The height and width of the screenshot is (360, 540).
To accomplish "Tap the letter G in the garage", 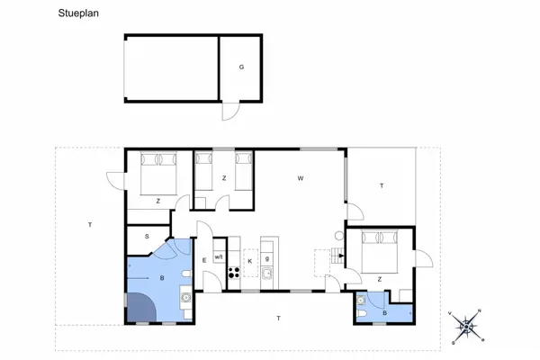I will click(x=241, y=67).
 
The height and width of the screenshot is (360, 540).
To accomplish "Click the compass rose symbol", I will click(x=468, y=327).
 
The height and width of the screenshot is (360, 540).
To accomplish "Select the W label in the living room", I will click(x=300, y=178).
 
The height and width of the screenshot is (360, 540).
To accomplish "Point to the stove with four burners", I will click(x=233, y=273).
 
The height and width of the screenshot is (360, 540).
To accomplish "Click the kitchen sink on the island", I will click(x=267, y=274).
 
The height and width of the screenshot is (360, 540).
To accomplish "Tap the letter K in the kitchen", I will click(x=249, y=260).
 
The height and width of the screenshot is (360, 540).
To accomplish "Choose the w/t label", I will click(x=218, y=257).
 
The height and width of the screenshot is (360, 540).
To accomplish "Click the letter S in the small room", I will click(x=148, y=236).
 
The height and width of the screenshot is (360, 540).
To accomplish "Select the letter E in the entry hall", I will click(x=204, y=260).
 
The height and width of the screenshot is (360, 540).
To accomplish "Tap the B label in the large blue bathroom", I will click(x=162, y=278).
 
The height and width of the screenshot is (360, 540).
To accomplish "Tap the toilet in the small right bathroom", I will click(x=361, y=302).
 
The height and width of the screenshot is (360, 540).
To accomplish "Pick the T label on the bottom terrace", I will click(x=279, y=319).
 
